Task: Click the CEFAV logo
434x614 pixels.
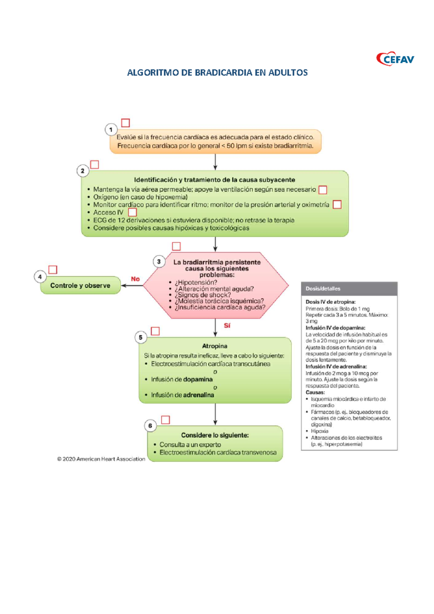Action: click(x=395, y=59)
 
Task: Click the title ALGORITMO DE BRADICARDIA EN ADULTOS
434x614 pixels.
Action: click(x=217, y=73)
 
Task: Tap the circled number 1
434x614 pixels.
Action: click(x=111, y=129)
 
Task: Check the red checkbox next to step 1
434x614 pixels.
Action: click(x=125, y=123)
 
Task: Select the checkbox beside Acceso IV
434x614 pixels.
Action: click(x=133, y=212)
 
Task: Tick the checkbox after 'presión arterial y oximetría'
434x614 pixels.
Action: click(x=337, y=205)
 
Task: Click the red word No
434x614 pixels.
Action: click(x=135, y=279)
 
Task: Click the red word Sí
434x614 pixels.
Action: click(x=227, y=325)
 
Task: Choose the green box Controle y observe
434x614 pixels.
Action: click(x=80, y=285)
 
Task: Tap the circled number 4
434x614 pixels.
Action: click(x=40, y=277)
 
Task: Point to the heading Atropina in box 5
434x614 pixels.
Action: click(x=215, y=346)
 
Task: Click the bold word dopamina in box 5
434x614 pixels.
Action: click(x=197, y=379)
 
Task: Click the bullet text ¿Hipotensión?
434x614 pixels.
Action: click(x=196, y=282)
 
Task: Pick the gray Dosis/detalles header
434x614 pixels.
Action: click(x=349, y=289)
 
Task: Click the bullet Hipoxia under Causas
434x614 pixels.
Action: click(x=319, y=431)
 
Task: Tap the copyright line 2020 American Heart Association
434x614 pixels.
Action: click(x=101, y=459)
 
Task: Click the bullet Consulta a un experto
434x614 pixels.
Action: click(x=190, y=444)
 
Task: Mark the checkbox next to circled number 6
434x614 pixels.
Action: click(x=166, y=420)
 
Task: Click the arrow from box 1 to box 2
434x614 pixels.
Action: click(x=215, y=162)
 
